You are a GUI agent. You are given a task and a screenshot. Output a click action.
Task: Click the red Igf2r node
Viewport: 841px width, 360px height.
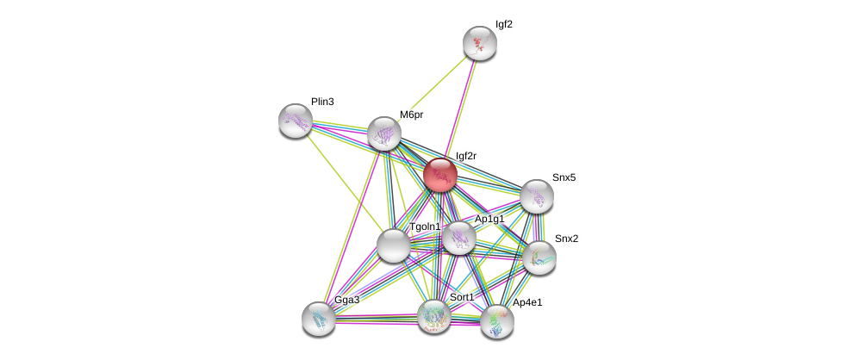click(x=439, y=175)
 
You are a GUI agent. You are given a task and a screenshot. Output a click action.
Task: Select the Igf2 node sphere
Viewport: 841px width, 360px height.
click(x=479, y=43)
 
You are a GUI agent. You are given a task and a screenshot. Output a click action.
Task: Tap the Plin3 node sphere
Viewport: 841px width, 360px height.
click(x=296, y=121)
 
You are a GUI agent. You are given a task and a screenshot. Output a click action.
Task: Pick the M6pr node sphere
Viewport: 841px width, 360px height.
click(x=384, y=133)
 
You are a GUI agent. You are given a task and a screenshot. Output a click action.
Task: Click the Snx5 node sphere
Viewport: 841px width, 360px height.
click(x=536, y=196)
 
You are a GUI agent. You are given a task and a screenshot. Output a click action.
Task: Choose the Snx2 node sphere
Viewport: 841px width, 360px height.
click(x=539, y=257)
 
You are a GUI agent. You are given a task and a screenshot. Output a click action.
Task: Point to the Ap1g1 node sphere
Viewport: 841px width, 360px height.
click(x=459, y=238)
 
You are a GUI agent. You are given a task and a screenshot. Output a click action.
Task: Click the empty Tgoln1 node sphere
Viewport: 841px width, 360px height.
click(x=394, y=245)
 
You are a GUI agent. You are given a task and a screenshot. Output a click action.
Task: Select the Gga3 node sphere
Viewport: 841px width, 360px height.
click(x=319, y=319)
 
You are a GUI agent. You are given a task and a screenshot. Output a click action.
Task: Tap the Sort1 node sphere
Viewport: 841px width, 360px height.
click(x=434, y=316)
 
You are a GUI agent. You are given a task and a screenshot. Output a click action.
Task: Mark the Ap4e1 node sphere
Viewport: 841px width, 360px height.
click(x=496, y=321)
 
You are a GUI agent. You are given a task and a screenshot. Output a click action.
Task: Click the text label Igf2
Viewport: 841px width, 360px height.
click(x=503, y=24)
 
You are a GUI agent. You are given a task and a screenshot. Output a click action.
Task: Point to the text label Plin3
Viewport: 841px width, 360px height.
click(x=322, y=102)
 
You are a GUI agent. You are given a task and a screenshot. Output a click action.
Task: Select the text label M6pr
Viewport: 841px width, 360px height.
click(x=411, y=115)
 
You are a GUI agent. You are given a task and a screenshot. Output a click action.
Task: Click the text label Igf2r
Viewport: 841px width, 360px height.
click(x=465, y=156)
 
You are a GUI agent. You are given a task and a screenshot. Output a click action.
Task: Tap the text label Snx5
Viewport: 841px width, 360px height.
click(x=564, y=177)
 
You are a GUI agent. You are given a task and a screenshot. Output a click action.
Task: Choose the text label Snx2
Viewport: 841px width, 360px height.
click(x=566, y=239)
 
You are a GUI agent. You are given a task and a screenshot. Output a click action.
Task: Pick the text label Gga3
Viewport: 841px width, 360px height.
click(x=347, y=300)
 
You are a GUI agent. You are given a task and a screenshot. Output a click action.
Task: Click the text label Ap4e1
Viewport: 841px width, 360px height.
click(x=527, y=303)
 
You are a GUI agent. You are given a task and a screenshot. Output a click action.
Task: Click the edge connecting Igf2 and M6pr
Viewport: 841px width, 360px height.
click(x=433, y=87)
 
